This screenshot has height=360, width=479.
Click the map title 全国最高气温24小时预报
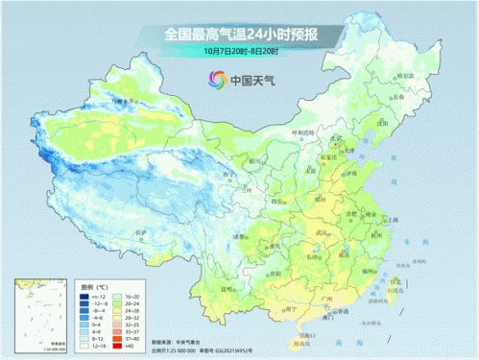click(x=240, y=35)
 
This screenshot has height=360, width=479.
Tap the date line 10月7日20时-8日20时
click(x=240, y=51)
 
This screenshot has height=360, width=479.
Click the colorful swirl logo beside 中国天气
click(x=215, y=80)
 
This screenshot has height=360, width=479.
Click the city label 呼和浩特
click(x=303, y=132)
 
